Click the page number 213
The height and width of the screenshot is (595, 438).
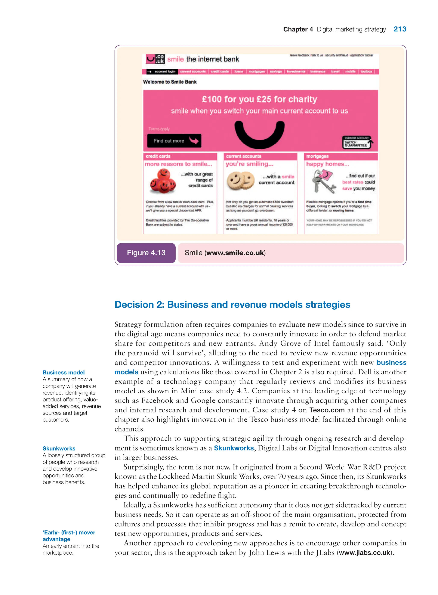tap(400, 29)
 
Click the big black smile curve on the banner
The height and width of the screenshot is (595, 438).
tap(260, 135)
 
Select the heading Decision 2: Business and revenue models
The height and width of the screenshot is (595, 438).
tap(232, 304)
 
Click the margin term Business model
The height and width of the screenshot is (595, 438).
tap(64, 372)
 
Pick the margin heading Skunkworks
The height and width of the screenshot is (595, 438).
tap(59, 448)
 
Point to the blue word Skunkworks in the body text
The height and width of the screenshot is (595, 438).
tap(234, 448)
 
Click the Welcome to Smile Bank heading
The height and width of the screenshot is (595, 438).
tap(170, 82)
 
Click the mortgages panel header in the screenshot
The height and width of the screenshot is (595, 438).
tap(340, 156)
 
